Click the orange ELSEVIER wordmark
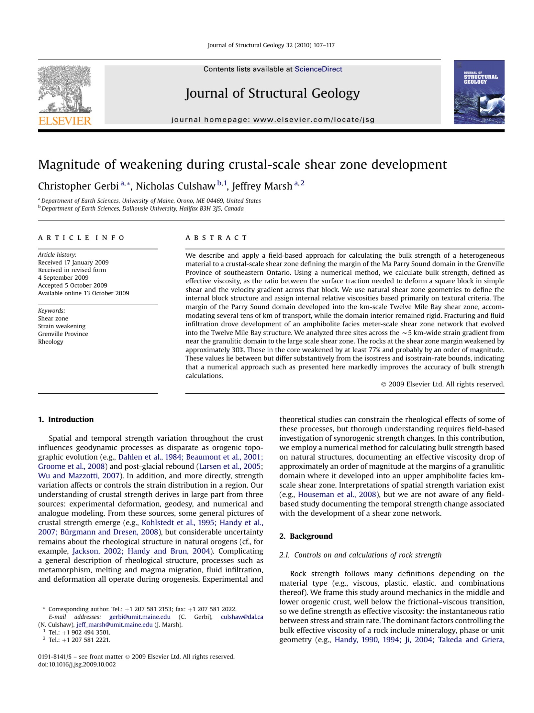[x=65, y=121]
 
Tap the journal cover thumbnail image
[x=479, y=92]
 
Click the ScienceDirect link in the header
[x=318, y=69]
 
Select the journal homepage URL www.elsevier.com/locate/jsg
[x=314, y=120]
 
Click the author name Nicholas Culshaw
[x=175, y=186]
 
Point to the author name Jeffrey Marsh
[x=262, y=186]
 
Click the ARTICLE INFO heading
[x=81, y=238]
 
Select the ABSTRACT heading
[x=216, y=238]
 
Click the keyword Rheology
[x=50, y=342]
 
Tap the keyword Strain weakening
[x=61, y=326]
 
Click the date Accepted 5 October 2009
[x=72, y=285]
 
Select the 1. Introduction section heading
[x=66, y=419]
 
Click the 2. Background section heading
[x=306, y=536]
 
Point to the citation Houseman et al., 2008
[x=337, y=495]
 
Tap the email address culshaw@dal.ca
[x=242, y=617]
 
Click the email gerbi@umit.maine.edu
[x=139, y=617]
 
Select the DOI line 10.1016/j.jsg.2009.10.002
[x=77, y=664]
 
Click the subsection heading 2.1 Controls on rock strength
[x=360, y=555]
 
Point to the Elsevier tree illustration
[x=65, y=89]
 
